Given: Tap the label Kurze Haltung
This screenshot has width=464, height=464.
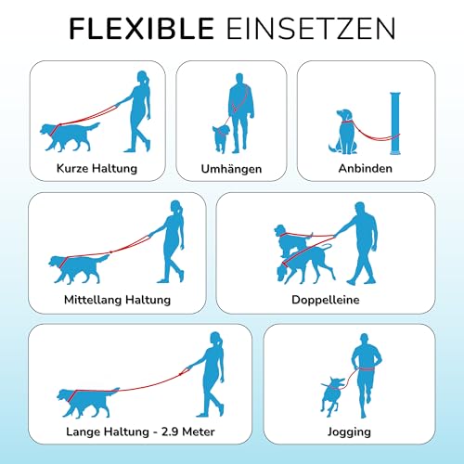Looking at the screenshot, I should pos(97,168).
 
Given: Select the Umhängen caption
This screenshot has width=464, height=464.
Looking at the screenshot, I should pos(230,169).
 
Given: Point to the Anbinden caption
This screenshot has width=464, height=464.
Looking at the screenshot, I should pos(366,169).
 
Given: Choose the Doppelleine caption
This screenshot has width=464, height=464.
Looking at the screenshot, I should pos(325,301).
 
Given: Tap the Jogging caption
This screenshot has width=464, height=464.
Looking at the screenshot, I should pos(350,432).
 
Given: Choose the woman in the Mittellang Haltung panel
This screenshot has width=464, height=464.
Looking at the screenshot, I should pos(171,245).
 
